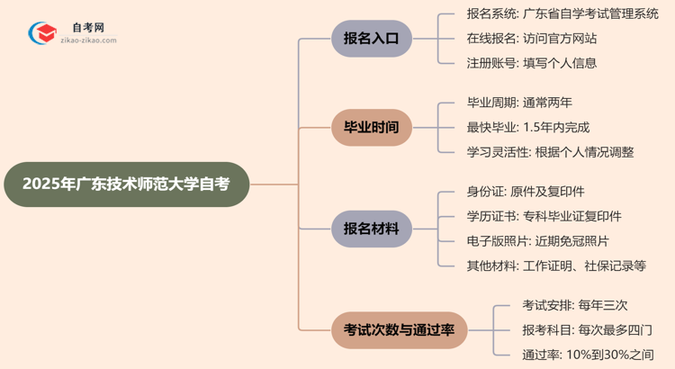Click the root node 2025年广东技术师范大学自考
pos(126,184)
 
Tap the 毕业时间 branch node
pos(372,127)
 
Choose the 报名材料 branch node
pos(372,229)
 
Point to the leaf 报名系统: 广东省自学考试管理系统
pos(562,14)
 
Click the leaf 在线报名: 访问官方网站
pos(531,39)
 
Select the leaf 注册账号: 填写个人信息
pos(531,63)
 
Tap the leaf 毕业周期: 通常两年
pos(519,103)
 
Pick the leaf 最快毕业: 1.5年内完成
pos(528,127)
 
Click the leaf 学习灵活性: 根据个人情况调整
pos(550,151)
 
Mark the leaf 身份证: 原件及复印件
pos(526,192)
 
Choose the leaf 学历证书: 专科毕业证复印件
pos(544,216)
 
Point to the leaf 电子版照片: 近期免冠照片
pos(537,240)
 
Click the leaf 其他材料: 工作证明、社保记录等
pos(555,265)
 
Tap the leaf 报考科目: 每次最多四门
pos(587,330)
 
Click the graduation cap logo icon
pos(42,33)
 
